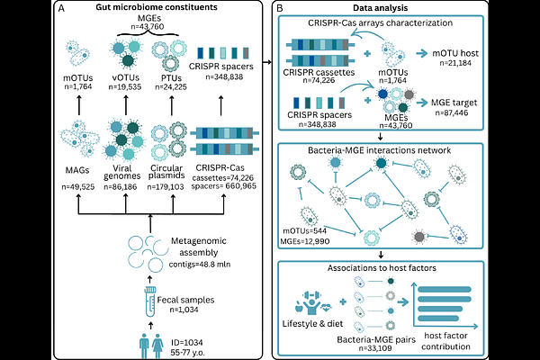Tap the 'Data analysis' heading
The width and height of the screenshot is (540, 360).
[393, 8]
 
